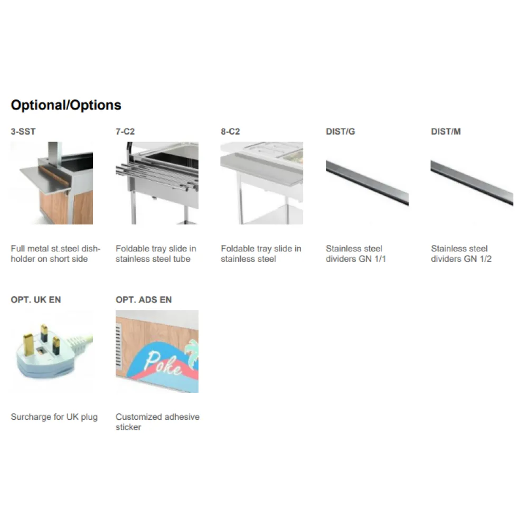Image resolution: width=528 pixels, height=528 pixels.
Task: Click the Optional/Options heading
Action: pos(66,105)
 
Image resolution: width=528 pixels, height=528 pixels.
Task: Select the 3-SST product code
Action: pos(23,131)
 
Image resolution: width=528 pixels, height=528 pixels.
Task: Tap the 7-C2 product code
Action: pos(125,131)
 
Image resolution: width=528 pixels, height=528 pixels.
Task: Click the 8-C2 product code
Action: pos(230,131)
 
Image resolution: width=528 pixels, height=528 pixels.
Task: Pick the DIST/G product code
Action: pos(340,131)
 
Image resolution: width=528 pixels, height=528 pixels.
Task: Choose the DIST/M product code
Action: pos(446,131)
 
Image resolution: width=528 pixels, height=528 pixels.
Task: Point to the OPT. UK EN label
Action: pos(36,300)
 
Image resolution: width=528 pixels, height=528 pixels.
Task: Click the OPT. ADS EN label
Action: pos(144,300)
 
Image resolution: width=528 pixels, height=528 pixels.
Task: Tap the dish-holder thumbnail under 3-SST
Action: pos(52,183)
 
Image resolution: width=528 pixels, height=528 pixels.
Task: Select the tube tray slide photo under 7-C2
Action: pos(157,183)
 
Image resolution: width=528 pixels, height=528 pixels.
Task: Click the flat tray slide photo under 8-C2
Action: pos(262,183)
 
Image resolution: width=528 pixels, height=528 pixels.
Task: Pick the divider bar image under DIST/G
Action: pos(367,183)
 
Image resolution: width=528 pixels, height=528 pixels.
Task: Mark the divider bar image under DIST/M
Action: pos(472,183)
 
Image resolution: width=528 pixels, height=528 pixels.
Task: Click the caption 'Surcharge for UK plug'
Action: pos(54,417)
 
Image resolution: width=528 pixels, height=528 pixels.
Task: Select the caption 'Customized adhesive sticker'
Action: pos(157,422)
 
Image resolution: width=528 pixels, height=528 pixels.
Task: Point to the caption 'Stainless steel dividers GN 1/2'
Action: pos(461,253)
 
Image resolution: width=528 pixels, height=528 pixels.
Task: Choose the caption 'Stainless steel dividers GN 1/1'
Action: pos(356,253)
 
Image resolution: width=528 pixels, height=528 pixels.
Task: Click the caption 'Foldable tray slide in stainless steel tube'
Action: pos(156,253)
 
